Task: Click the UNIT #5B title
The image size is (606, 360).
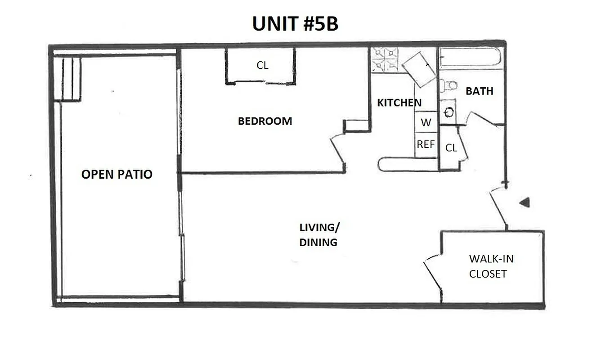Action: (x=295, y=24)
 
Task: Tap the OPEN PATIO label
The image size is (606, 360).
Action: (x=117, y=174)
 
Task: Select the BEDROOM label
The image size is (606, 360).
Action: (x=265, y=121)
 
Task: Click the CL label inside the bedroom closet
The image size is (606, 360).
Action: (x=262, y=65)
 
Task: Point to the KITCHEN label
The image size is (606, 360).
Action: (x=399, y=103)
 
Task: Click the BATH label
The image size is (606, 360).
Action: (x=479, y=91)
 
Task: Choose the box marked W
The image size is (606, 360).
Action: (x=426, y=122)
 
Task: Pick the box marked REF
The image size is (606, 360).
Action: (x=426, y=144)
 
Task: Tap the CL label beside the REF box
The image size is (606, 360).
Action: (x=451, y=148)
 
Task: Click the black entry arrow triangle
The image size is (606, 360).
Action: (x=524, y=202)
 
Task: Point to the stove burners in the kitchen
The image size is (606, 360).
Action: (x=384, y=60)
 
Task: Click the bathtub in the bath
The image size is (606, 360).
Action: (x=470, y=57)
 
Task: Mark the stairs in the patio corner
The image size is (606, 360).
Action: (x=67, y=78)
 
